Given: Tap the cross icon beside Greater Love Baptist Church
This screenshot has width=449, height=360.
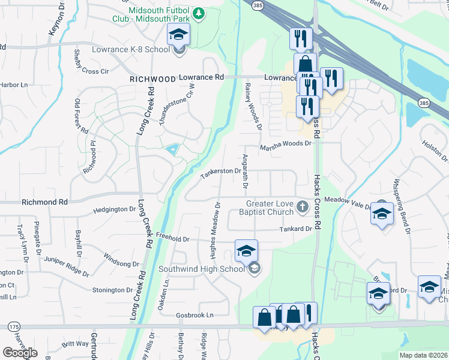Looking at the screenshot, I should point(303,208).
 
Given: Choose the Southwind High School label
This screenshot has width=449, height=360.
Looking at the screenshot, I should point(201,269).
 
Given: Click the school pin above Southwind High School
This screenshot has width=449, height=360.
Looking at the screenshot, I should point(246,251).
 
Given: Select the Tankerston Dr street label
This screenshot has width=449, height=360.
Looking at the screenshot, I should point(220,171).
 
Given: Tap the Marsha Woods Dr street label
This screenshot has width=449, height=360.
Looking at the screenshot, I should point(286,145).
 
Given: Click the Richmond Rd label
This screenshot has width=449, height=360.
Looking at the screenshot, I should point(44,202).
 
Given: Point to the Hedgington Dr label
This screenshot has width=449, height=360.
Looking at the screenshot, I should point(115,209).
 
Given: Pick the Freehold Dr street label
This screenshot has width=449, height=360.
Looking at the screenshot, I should point(173,239).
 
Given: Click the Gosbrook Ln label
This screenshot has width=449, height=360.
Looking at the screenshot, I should point(194,315).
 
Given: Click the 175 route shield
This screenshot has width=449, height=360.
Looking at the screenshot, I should point(13,326).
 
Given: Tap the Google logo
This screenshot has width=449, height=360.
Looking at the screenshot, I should point(20,353).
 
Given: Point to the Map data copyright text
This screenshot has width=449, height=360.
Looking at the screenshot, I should point(423,355).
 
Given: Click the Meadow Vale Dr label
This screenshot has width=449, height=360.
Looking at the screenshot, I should point(348,202).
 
